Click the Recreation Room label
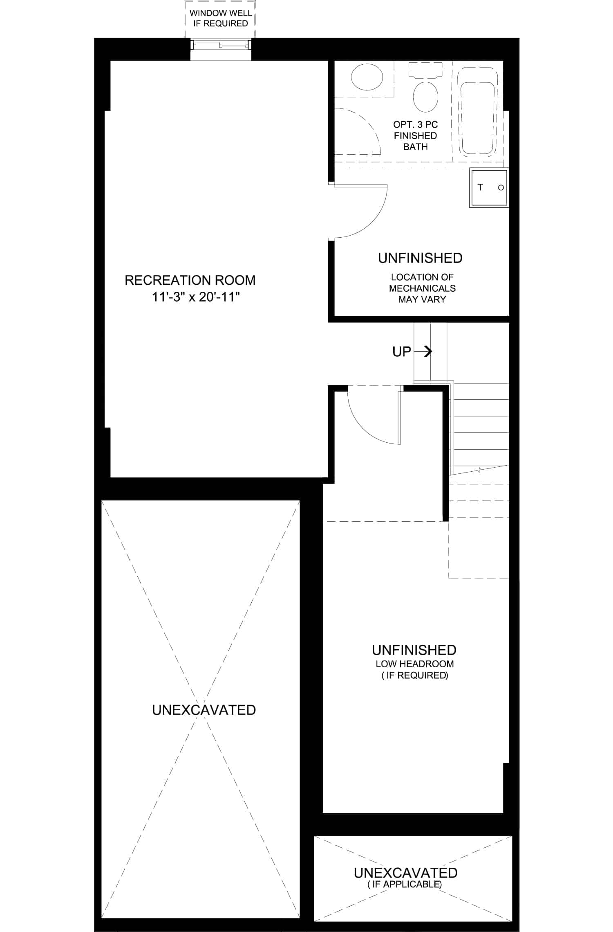click(x=190, y=280)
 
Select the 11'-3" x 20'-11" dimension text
click(x=195, y=297)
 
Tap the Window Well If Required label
click(x=221, y=18)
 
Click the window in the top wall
click(x=221, y=45)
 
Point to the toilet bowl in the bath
click(x=425, y=97)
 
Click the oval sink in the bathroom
click(x=367, y=77)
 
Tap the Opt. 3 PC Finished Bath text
click(x=415, y=135)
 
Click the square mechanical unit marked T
click(x=488, y=188)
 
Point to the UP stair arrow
click(x=423, y=351)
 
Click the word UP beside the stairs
click(x=402, y=351)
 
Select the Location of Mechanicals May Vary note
click(x=422, y=288)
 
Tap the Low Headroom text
click(x=415, y=664)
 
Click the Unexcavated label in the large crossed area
click(x=204, y=710)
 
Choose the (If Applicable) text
click(x=405, y=884)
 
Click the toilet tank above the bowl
click(x=425, y=70)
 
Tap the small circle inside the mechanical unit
click(x=501, y=188)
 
